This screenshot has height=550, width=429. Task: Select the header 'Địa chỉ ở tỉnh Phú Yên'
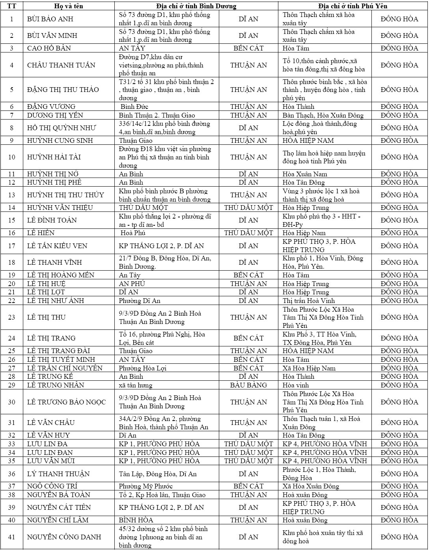point(353,6)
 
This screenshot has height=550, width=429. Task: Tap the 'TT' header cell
point(11,6)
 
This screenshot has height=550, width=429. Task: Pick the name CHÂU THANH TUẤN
point(61,65)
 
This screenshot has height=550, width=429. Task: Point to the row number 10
point(11,157)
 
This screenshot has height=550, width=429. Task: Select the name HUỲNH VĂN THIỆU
point(60,208)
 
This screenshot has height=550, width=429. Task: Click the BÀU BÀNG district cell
point(248,385)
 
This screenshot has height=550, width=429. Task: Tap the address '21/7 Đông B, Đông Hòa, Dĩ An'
point(165,262)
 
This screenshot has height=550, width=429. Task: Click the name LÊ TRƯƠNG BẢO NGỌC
point(66,402)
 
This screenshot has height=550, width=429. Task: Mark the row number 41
point(11,537)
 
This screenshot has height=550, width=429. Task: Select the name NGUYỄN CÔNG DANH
point(64,537)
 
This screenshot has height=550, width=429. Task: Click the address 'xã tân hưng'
point(136,385)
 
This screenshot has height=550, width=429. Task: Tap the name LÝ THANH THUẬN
point(58,474)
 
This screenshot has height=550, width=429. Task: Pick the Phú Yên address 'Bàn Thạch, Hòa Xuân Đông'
point(323,115)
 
